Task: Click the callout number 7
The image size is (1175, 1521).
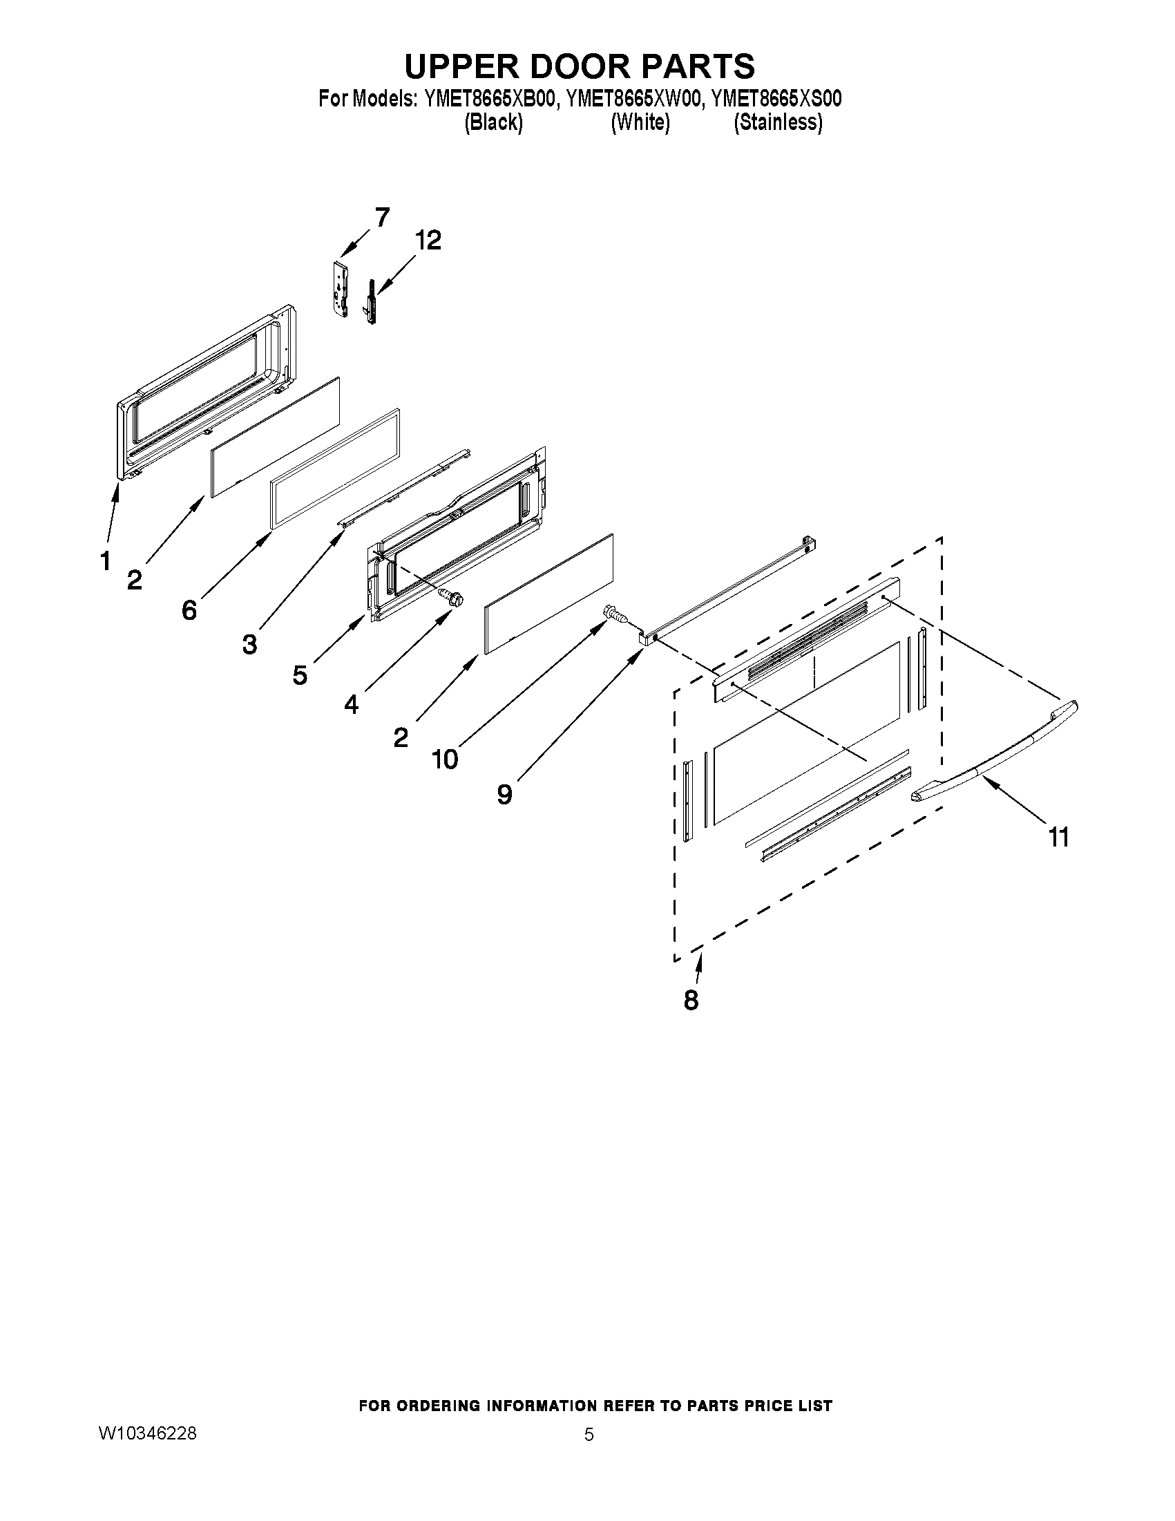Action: pyautogui.click(x=382, y=217)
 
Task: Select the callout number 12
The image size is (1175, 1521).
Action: pyautogui.click(x=428, y=241)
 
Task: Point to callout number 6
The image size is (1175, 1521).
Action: pyautogui.click(x=189, y=610)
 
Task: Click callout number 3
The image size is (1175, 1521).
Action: pyautogui.click(x=249, y=644)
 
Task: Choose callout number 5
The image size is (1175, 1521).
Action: pyautogui.click(x=299, y=674)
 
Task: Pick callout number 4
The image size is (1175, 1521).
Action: pyautogui.click(x=351, y=705)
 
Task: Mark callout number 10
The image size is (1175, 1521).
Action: pyautogui.click(x=445, y=759)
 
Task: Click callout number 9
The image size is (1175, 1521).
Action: pyautogui.click(x=505, y=794)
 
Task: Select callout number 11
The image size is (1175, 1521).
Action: pyautogui.click(x=1058, y=837)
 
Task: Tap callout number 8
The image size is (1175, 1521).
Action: pyautogui.click(x=691, y=1000)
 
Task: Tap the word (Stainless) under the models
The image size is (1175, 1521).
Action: pyautogui.click(x=778, y=122)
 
